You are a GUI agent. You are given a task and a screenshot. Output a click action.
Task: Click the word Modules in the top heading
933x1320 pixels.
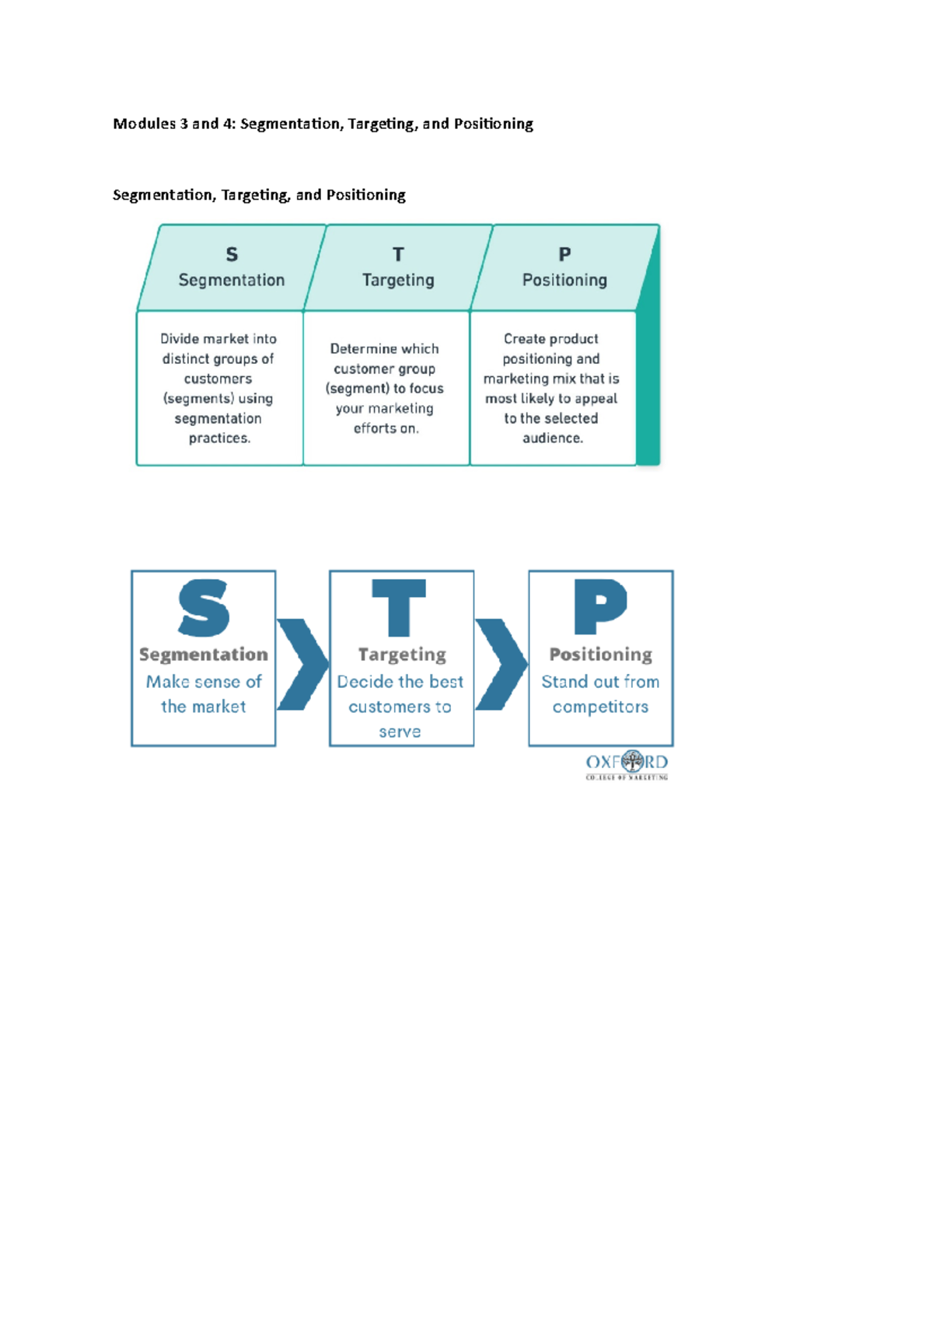click(144, 124)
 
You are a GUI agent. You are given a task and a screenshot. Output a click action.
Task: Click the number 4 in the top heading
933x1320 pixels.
click(229, 124)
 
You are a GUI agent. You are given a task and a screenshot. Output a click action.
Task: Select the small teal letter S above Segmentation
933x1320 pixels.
click(232, 254)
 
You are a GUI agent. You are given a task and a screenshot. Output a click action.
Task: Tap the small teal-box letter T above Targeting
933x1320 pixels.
click(398, 254)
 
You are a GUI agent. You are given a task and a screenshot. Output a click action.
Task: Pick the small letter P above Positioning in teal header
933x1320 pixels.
click(564, 254)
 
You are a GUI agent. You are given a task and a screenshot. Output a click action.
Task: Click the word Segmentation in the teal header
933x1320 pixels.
click(232, 280)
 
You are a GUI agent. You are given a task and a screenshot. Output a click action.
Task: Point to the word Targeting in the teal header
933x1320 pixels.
click(398, 280)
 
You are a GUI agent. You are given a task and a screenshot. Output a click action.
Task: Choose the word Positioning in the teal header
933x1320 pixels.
click(564, 280)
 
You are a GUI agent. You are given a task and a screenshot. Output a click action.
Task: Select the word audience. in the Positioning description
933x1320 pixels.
click(552, 438)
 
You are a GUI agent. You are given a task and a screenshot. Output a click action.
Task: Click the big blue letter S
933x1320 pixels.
click(204, 608)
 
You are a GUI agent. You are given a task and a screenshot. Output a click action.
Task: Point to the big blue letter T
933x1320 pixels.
click(400, 608)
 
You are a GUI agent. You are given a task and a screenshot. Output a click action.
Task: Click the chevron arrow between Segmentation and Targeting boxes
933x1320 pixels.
click(303, 664)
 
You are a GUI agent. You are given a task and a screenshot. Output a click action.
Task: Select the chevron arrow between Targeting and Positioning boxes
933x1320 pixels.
click(501, 664)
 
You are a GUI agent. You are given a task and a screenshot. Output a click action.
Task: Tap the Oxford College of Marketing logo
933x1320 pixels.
click(627, 765)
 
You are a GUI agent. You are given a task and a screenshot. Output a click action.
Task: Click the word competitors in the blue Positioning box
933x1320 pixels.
click(600, 707)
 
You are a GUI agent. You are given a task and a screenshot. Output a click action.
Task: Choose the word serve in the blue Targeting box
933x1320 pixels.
click(400, 732)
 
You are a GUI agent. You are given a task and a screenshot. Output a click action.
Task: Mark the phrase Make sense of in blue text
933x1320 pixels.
click(204, 682)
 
